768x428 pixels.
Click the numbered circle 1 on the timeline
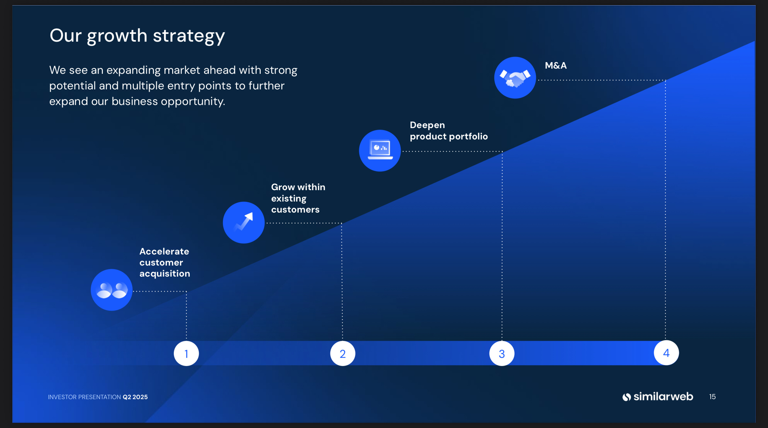pos(186,353)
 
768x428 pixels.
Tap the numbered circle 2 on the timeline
pos(342,353)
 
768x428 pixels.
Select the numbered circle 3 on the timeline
pos(501,353)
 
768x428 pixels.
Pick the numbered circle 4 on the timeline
pos(666,353)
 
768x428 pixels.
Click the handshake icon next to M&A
pos(515,78)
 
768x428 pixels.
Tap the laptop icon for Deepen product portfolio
pos(380,150)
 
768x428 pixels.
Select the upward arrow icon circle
pos(243,222)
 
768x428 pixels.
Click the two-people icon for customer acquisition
pos(112,290)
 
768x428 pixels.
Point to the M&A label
pos(555,66)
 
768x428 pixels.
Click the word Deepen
pos(427,125)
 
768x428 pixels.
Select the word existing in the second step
pos(289,199)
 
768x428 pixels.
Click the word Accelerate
pos(164,252)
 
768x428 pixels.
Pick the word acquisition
pos(165,274)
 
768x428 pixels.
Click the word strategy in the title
pos(189,36)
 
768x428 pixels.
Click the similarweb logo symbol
pos(626,397)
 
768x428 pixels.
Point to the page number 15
pos(712,397)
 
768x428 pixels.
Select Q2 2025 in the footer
pos(135,397)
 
